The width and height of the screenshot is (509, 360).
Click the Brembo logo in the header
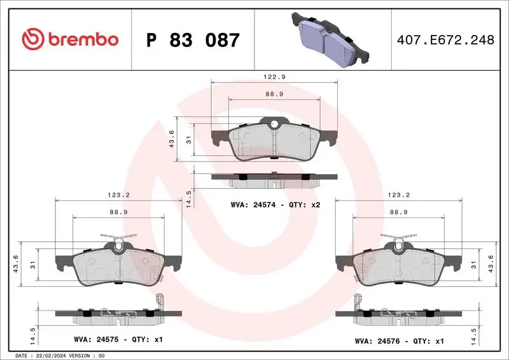(x=70, y=39)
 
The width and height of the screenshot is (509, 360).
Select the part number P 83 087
(x=193, y=40)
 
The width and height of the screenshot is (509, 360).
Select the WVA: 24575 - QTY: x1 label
(x=118, y=340)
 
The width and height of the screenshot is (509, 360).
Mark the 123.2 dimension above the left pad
(x=118, y=196)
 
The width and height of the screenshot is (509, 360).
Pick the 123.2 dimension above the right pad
(x=398, y=196)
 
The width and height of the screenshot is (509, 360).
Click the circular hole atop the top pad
(x=274, y=125)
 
